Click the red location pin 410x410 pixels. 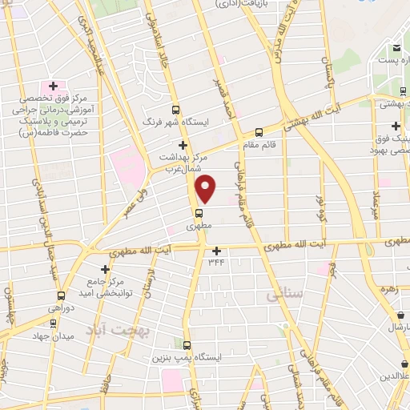click(207, 189)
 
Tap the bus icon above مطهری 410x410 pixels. click(199, 213)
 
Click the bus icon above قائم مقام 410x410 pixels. click(259, 133)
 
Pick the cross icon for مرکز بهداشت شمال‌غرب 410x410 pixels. click(183, 145)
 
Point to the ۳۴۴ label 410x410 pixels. click(216, 262)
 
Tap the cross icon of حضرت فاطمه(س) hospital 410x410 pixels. click(53, 86)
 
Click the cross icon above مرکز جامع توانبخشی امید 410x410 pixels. click(104, 269)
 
